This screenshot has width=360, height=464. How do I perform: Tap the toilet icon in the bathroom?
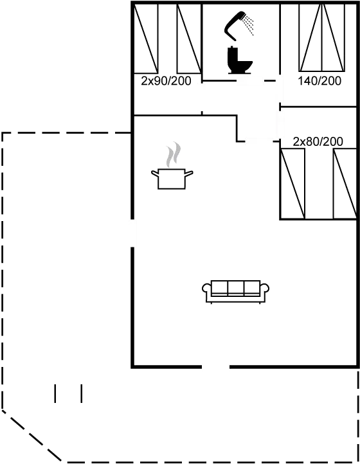click(x=240, y=60)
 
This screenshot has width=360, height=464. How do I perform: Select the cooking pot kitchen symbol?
click(x=172, y=179)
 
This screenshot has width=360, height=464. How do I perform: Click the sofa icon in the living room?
click(x=236, y=292)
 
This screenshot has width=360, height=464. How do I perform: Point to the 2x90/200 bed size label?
click(x=166, y=81)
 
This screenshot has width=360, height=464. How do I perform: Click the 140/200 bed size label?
click(x=319, y=81)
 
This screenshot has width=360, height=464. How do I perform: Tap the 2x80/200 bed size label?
click(x=318, y=142)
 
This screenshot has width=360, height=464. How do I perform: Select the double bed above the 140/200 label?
click(x=322, y=37)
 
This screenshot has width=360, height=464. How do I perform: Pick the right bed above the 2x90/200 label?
click(x=190, y=38)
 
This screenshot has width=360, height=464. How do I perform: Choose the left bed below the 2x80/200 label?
click(x=292, y=183)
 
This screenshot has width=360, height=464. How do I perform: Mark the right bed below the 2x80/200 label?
click(x=345, y=183)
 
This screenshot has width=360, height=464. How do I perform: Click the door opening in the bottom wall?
click(x=216, y=367)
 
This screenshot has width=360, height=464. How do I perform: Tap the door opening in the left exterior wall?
click(x=133, y=233)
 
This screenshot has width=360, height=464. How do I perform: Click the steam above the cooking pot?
click(x=173, y=154)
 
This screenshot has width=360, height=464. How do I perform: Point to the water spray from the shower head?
click(x=248, y=24)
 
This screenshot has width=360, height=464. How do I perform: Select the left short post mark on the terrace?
click(x=55, y=393)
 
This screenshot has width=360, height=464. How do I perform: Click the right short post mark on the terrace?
click(x=82, y=393)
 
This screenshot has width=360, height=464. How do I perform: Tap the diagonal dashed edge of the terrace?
click(x=32, y=435)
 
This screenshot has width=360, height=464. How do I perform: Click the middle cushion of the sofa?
click(x=236, y=287)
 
